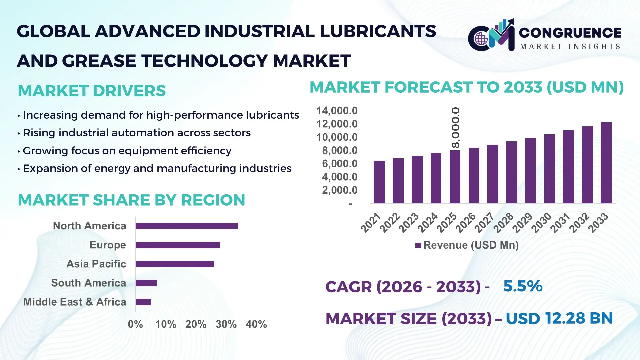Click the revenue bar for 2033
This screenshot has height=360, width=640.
point(606,163)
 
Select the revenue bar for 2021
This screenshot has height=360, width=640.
point(379,182)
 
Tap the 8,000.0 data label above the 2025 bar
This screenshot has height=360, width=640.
point(455,128)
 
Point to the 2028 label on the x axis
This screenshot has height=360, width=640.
point(504,222)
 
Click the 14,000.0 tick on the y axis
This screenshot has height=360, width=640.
point(337,111)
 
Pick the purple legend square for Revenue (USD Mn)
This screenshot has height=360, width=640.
point(418,245)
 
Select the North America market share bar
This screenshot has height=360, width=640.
point(187,226)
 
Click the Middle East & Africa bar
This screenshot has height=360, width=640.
point(143,302)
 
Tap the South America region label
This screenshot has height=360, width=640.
point(89,283)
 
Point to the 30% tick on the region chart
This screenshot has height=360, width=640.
point(226,324)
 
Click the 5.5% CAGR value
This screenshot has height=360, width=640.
point(523,286)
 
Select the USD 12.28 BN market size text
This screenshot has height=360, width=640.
point(559,318)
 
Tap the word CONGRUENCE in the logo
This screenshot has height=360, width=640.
point(570,33)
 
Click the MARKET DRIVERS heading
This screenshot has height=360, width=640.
point(92,91)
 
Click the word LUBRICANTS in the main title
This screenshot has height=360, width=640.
point(378,31)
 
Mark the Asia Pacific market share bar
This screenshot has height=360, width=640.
point(175,264)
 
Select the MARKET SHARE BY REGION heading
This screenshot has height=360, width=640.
point(131,200)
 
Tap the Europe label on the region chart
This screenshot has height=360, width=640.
point(108,245)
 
